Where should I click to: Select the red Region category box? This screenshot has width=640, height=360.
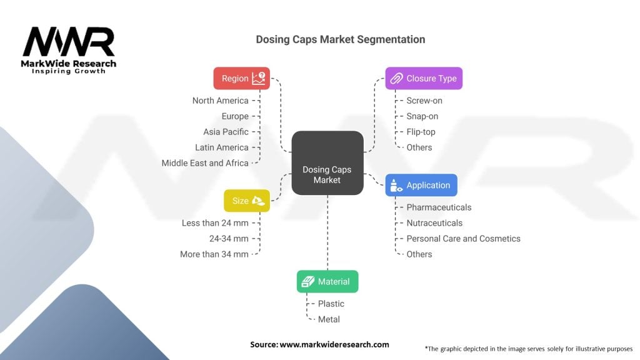(x=241, y=79)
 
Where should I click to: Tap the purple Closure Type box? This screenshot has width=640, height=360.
(x=424, y=79)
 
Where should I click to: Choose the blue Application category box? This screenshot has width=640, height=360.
(x=421, y=186)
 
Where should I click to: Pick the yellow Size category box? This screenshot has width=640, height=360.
(x=247, y=201)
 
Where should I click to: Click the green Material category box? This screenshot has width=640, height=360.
(x=327, y=282)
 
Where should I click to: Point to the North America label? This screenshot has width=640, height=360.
(x=220, y=101)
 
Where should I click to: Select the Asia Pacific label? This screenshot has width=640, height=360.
(x=226, y=132)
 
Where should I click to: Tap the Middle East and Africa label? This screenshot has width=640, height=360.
(x=205, y=163)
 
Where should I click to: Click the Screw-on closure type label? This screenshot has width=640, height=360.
(x=424, y=101)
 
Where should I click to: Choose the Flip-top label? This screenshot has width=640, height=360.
(x=421, y=132)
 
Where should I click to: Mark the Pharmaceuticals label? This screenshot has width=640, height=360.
(x=439, y=207)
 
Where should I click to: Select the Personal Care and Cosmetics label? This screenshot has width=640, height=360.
(x=463, y=239)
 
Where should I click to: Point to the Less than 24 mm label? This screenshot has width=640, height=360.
(x=215, y=223)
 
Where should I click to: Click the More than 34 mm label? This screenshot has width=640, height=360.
(x=214, y=254)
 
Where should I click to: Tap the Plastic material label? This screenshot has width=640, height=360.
(x=331, y=304)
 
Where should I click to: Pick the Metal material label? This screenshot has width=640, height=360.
(x=329, y=319)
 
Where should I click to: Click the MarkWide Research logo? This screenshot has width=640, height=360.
(x=69, y=50)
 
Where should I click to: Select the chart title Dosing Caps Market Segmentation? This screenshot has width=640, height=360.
(x=340, y=39)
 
